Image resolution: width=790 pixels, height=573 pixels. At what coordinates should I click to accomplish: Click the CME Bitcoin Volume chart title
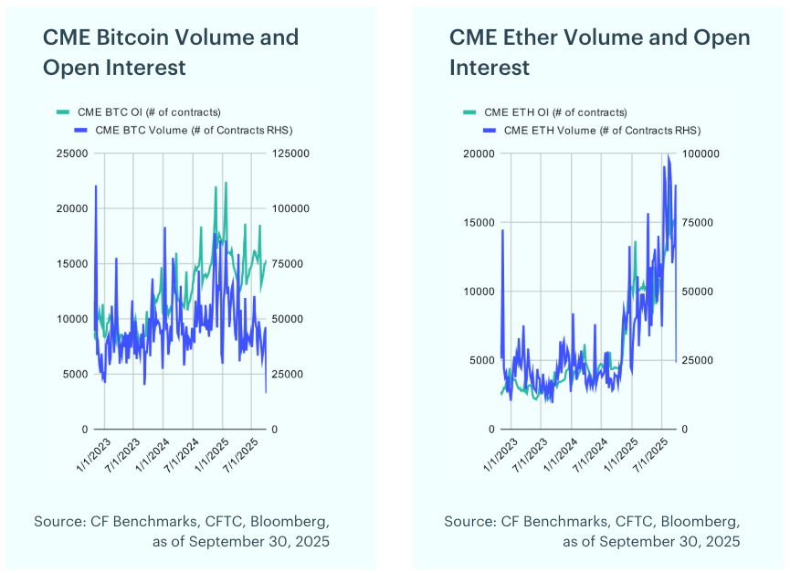[x=171, y=52]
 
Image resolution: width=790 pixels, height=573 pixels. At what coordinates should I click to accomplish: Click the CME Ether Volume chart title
[x=599, y=52]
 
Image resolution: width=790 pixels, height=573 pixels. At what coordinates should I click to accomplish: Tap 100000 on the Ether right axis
[x=700, y=154]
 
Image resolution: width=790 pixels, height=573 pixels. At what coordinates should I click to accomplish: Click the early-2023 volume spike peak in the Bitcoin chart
[x=96, y=186]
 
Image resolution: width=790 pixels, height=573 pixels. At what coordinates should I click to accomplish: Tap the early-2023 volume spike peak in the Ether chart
[x=502, y=230]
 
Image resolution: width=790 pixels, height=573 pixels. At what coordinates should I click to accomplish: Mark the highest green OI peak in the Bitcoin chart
[x=226, y=183]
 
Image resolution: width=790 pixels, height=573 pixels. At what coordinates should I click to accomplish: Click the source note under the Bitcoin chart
[x=182, y=531]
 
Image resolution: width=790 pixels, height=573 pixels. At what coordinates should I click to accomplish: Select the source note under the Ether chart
[x=592, y=531]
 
